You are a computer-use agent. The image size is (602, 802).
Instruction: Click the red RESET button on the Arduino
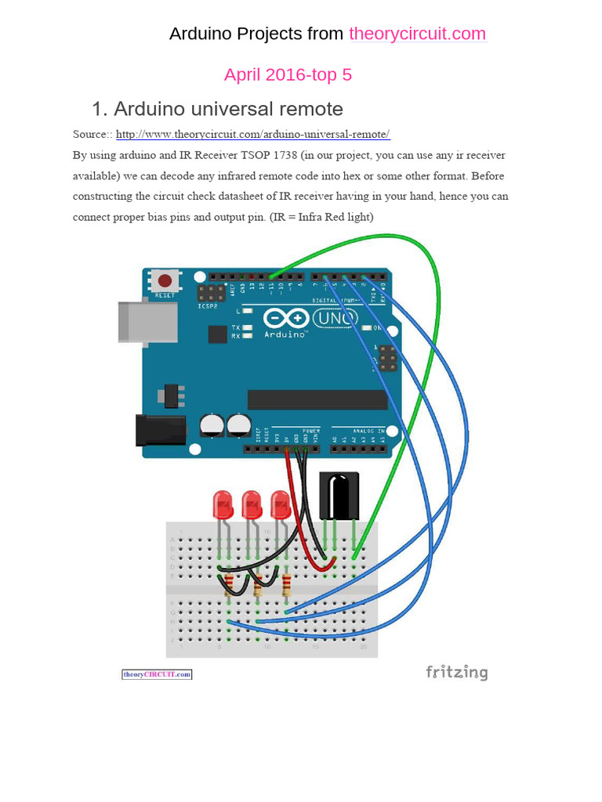click(165, 280)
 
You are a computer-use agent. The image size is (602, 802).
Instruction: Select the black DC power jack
click(159, 432)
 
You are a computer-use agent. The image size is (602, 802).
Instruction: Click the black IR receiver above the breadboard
click(339, 496)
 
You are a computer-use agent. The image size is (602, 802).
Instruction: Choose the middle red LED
click(252, 504)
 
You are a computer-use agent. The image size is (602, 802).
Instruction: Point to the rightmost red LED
click(280, 504)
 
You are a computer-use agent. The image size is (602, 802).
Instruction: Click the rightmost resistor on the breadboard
click(286, 584)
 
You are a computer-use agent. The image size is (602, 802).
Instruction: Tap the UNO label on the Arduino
click(335, 319)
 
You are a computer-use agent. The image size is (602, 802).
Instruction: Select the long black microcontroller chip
click(317, 399)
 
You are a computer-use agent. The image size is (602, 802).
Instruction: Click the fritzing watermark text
click(456, 672)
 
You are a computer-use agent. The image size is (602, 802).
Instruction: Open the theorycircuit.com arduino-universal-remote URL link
click(252, 134)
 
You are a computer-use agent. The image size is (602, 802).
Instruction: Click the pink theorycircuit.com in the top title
click(417, 34)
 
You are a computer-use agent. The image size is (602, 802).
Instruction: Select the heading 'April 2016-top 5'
click(288, 74)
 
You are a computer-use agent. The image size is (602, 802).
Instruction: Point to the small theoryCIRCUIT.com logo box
click(157, 674)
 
